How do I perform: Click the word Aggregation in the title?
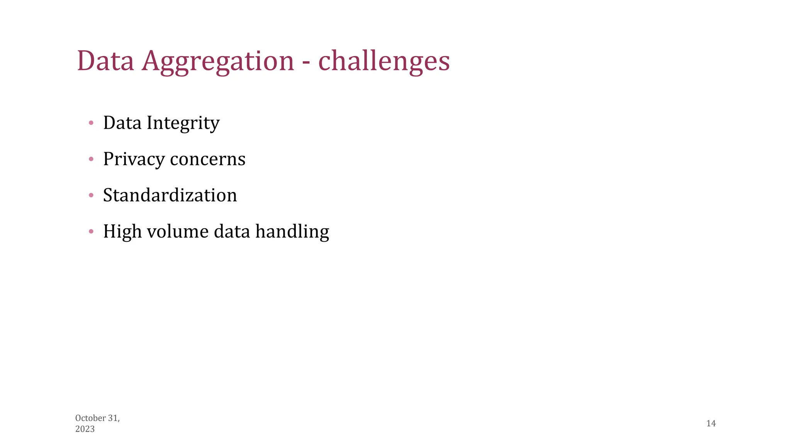218,61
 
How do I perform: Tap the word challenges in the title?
384,61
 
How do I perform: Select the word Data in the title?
105,61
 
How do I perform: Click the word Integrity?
183,123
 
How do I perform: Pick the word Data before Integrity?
122,123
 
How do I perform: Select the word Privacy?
134,159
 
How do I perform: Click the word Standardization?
170,195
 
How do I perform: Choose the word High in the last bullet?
122,231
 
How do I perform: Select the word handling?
292,231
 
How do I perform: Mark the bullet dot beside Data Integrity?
91,123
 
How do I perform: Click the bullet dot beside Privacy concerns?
91,159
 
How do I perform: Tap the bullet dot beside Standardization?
91,195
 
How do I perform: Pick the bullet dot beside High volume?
91,232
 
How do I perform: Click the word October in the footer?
90,418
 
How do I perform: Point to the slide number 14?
711,423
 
